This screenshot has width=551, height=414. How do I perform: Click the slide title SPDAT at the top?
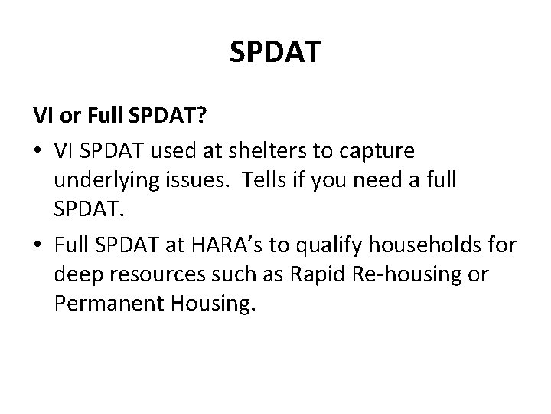pos(275,53)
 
